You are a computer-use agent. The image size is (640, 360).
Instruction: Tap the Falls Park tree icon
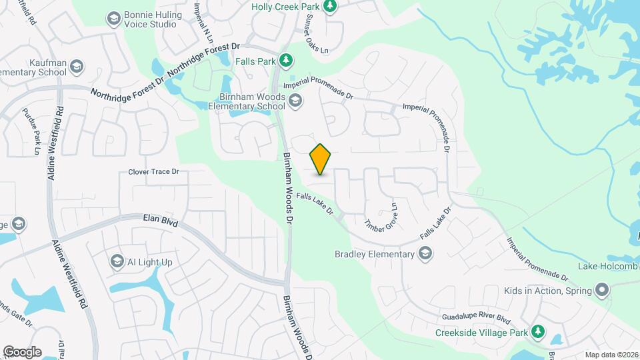tap(286, 61)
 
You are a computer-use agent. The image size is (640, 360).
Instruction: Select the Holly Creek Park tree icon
tap(329, 7)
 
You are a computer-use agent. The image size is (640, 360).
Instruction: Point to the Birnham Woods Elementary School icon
tap(296, 101)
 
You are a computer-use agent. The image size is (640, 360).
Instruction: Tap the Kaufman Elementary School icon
tap(77, 66)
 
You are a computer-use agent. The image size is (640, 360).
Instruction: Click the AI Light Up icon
tap(118, 262)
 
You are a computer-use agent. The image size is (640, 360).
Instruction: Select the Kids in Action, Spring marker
tap(602, 291)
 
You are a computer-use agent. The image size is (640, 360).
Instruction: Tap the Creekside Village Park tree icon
tap(537, 332)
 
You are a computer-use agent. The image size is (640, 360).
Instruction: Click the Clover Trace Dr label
tap(154, 172)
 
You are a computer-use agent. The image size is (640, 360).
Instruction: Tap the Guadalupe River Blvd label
tap(476, 318)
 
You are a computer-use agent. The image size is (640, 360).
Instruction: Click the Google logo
tap(22, 352)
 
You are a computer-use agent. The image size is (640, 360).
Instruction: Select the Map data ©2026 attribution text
tap(611, 355)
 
